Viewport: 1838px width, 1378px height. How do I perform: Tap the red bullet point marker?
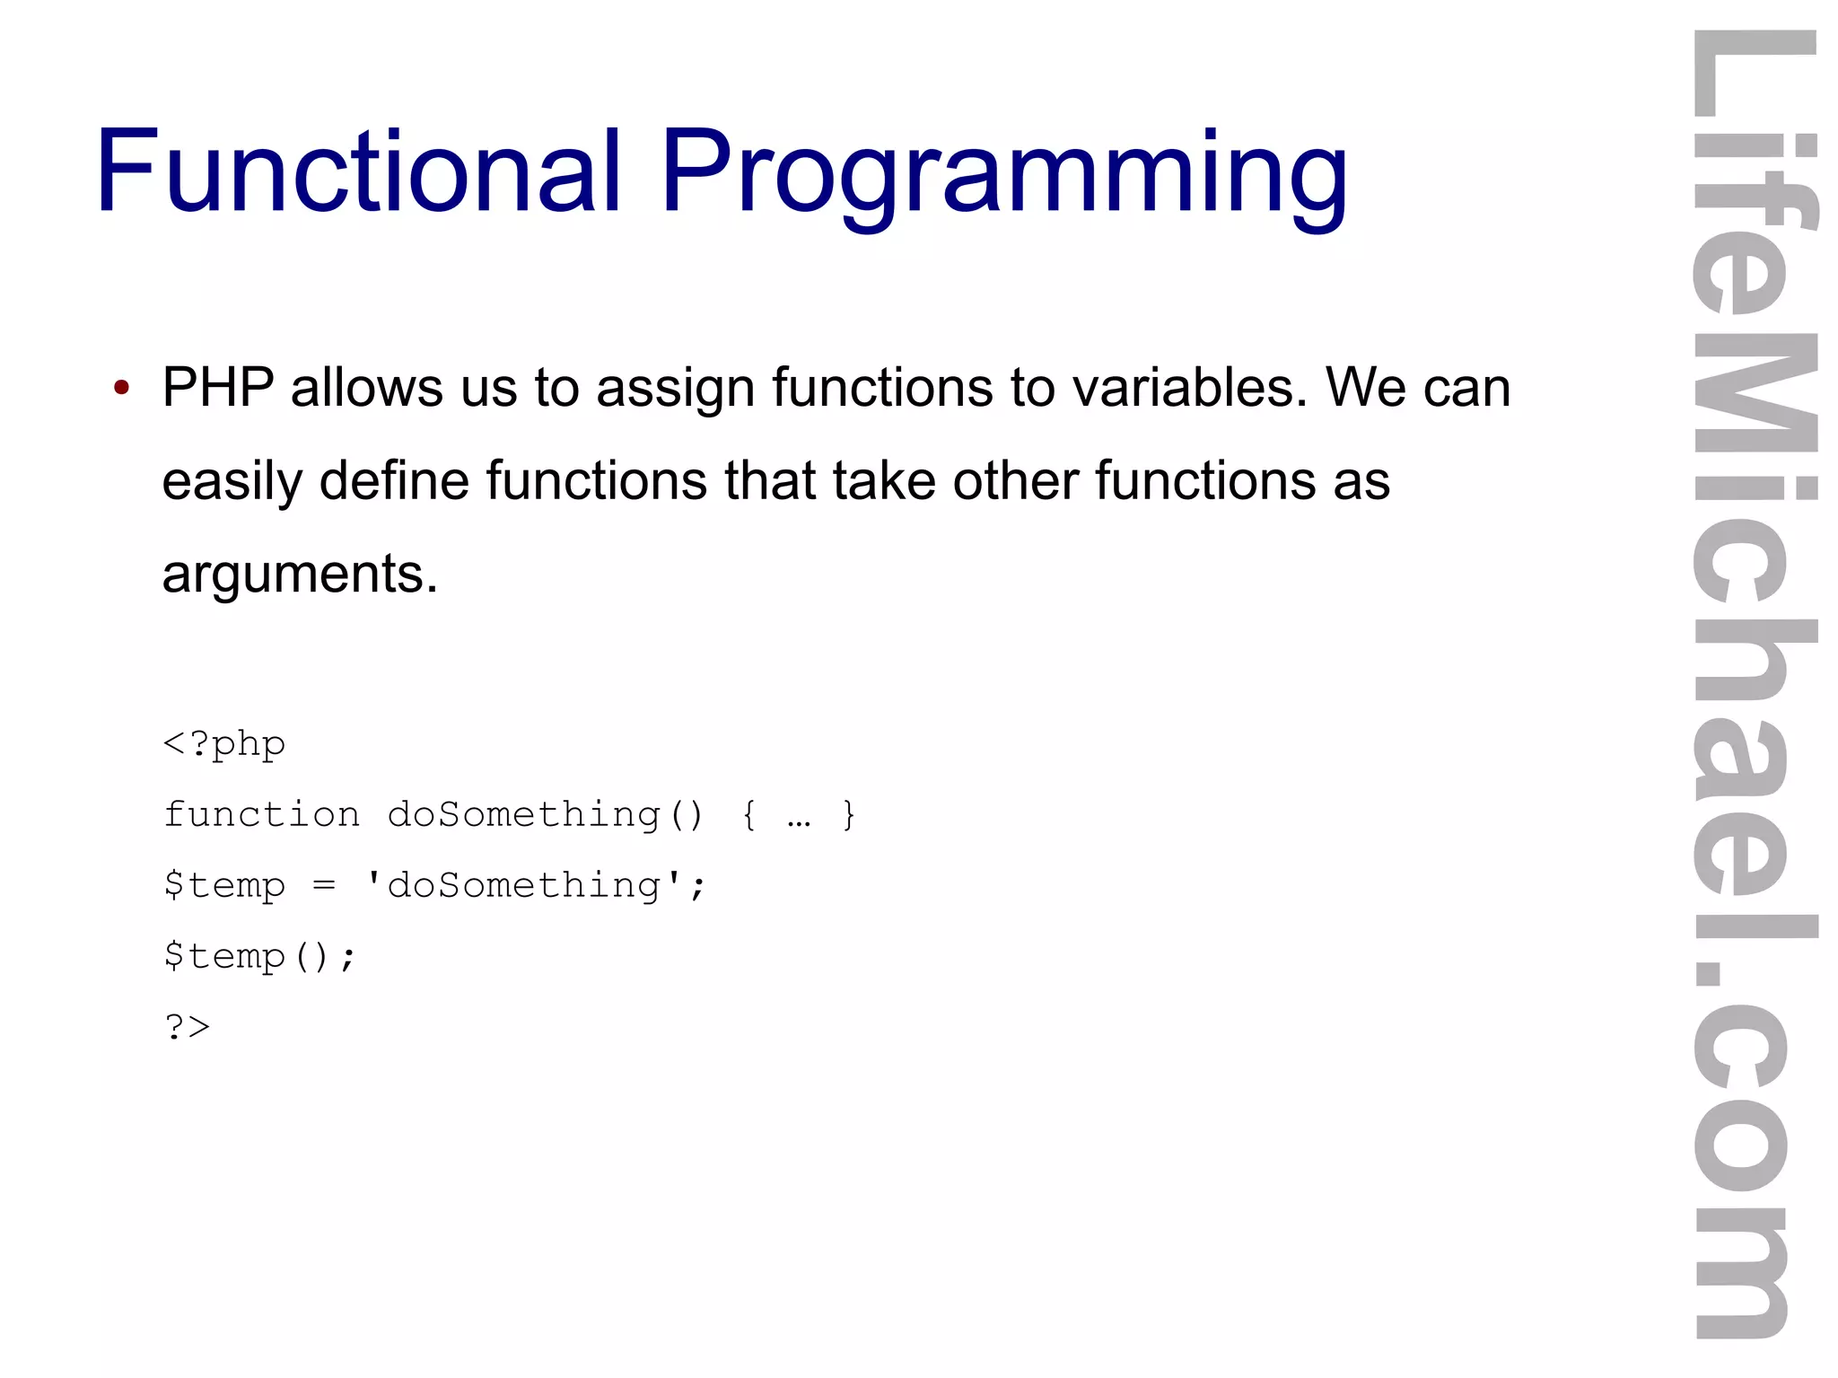(122, 389)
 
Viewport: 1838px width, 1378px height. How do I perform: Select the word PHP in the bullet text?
(217, 388)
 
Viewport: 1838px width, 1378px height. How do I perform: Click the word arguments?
(299, 575)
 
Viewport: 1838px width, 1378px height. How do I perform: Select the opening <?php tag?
(224, 744)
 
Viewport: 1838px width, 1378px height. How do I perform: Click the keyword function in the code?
(261, 815)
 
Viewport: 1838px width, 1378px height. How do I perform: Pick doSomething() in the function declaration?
(545, 815)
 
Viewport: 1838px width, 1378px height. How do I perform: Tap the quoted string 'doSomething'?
(524, 886)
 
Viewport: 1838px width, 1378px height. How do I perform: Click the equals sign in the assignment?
(324, 886)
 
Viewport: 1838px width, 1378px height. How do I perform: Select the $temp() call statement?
(259, 956)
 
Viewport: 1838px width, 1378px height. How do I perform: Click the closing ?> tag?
(187, 1026)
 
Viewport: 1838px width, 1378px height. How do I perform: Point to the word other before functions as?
(1014, 480)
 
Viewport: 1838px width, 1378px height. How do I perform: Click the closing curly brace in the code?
(848, 815)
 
